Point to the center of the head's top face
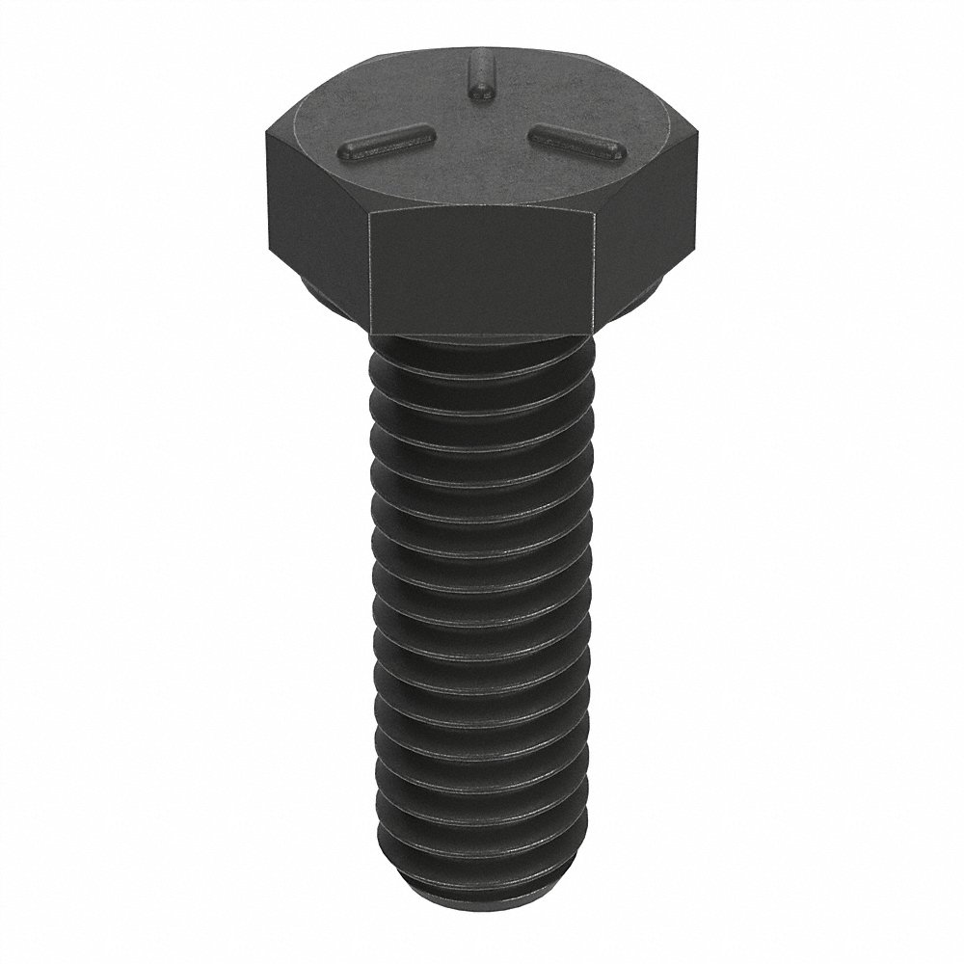(479, 130)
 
